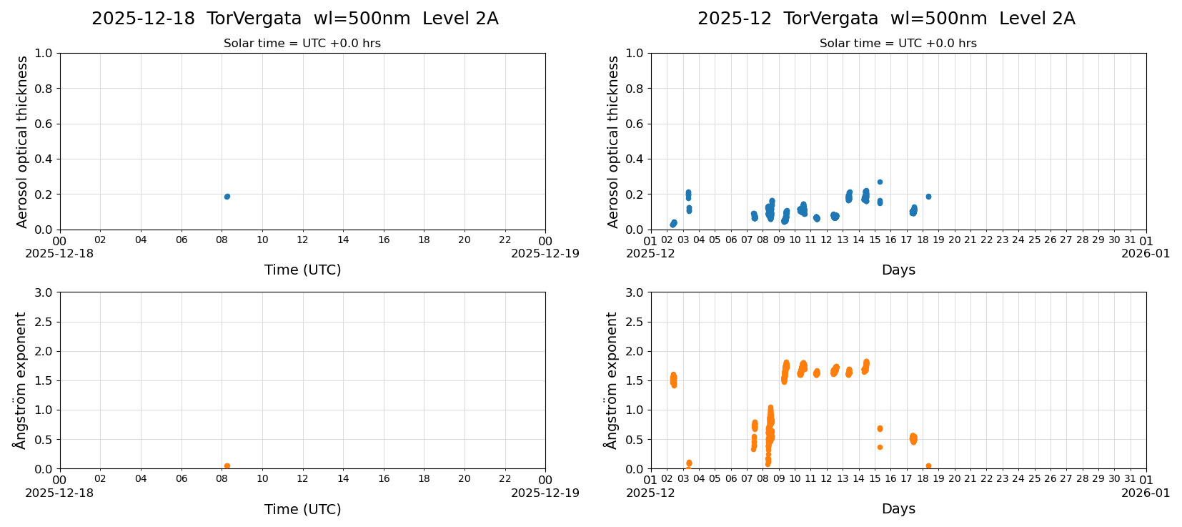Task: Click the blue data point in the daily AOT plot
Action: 227,197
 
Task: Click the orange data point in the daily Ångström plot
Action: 227,466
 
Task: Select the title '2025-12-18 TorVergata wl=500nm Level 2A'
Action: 295,19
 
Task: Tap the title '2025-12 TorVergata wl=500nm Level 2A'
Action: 886,19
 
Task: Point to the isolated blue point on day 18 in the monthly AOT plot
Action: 928,197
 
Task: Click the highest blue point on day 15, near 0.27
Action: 880,182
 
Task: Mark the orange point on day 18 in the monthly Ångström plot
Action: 928,466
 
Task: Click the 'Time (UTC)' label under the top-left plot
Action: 302,270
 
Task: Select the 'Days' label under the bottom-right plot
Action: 898,509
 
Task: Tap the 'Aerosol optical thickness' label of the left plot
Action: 22,142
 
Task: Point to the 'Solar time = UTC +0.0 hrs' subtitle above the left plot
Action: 302,44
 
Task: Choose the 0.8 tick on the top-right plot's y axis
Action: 635,89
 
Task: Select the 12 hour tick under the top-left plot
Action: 303,240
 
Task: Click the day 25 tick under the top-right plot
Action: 1034,240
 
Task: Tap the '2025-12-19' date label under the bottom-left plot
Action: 545,493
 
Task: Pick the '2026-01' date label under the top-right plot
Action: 1146,254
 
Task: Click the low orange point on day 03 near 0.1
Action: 689,463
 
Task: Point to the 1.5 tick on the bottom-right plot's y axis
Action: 635,380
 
